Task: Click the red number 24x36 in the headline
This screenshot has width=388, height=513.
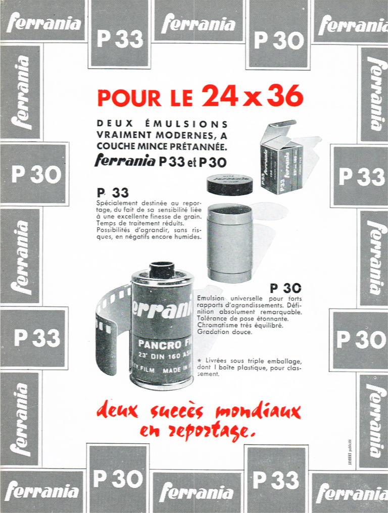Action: click(x=253, y=95)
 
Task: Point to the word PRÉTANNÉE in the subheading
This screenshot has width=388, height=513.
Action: click(x=199, y=147)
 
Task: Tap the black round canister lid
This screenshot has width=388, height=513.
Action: click(x=230, y=184)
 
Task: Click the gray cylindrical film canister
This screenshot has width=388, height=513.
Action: click(x=230, y=242)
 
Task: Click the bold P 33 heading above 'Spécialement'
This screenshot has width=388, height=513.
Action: click(x=113, y=192)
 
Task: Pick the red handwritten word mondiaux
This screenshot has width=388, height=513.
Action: click(x=258, y=412)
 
